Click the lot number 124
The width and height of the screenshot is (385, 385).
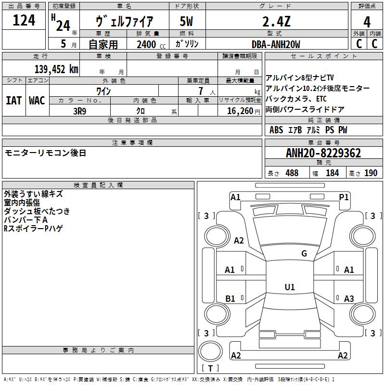click(24, 21)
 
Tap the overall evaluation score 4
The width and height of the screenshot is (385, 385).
click(367, 22)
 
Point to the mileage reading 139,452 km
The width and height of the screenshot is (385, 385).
click(56, 69)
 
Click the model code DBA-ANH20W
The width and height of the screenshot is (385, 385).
click(276, 44)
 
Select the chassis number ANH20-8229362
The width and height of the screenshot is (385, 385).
click(323, 153)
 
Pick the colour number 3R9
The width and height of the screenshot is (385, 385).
click(80, 110)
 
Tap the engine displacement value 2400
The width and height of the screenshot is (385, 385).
click(146, 44)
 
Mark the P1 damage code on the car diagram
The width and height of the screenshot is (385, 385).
click(344, 197)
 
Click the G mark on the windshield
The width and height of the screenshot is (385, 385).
click(304, 254)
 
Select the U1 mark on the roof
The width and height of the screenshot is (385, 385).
click(289, 287)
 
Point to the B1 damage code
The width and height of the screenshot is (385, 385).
click(231, 299)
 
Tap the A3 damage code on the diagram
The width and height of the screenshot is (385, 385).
click(349, 299)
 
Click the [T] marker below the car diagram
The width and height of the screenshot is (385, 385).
click(210, 368)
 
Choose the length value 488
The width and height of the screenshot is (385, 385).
click(292, 173)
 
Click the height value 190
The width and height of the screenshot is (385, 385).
click(371, 173)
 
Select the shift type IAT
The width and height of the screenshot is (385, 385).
click(13, 101)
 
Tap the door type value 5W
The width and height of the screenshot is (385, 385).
click(186, 21)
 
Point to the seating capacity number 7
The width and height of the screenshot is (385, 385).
click(200, 91)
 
